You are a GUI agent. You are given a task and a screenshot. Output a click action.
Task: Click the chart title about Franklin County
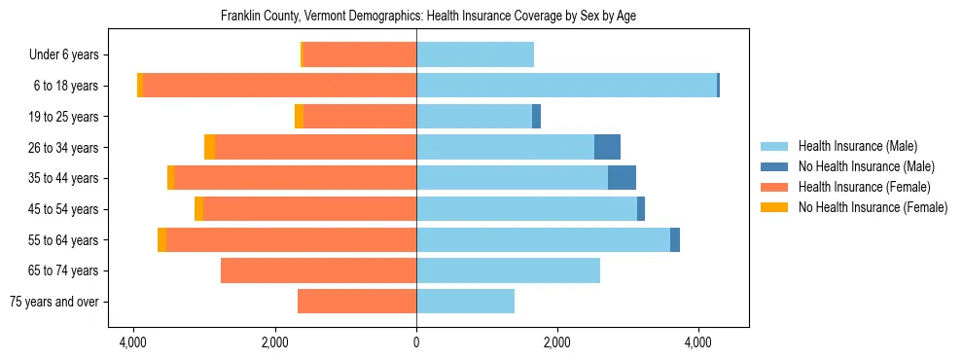coord(428,17)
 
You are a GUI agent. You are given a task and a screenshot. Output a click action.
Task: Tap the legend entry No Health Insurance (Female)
coord(873,207)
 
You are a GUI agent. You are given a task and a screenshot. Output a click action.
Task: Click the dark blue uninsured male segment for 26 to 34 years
coord(607,147)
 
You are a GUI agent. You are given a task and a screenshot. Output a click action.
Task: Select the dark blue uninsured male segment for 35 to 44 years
coord(622,178)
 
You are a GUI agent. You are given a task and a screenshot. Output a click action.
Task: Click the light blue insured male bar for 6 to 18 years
coord(566,86)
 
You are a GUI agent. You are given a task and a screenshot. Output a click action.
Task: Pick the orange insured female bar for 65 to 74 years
coord(318,270)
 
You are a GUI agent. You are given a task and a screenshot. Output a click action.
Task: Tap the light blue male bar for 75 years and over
coord(465,302)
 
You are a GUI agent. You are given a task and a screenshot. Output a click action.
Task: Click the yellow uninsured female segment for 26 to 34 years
coord(209,147)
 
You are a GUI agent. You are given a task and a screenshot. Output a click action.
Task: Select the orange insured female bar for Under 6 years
coord(360,54)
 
